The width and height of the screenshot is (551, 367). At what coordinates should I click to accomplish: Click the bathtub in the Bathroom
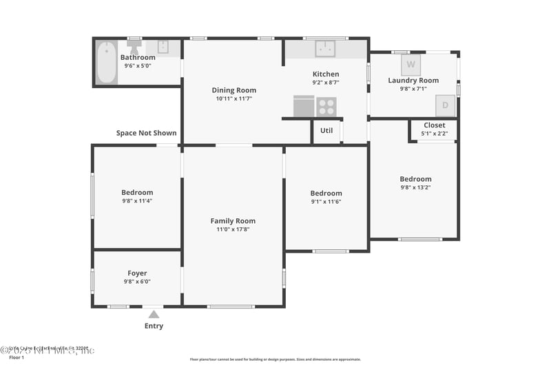coord(106,62)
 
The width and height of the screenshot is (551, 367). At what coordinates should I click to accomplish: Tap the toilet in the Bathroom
coord(134,48)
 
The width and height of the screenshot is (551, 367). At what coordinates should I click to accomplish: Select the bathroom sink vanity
coord(163,48)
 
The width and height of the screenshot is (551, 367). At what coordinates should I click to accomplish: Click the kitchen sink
coord(325,48)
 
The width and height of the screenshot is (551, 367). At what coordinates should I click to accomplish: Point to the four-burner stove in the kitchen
coord(326,107)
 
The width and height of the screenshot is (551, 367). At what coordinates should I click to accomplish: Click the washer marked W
coord(411,65)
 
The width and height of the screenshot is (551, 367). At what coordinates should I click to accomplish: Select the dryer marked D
coord(445,105)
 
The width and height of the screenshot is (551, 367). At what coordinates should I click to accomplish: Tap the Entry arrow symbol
coord(154,314)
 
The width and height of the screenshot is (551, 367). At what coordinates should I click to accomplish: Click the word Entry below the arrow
coord(154,326)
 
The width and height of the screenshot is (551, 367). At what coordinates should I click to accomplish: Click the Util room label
coord(326,130)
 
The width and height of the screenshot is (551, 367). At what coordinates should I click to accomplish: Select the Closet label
coord(435,125)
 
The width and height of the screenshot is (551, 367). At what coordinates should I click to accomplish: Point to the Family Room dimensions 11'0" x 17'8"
coord(233,229)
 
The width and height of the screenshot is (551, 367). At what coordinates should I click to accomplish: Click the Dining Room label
coord(233,90)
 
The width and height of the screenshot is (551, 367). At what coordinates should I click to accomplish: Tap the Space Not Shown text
coord(146,133)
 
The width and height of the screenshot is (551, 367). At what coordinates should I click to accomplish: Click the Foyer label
coord(137,273)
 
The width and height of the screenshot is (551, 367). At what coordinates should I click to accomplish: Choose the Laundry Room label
coord(413,81)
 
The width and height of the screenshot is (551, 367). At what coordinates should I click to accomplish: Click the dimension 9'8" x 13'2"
coord(415,187)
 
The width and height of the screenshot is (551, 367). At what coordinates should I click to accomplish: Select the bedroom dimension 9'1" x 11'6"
coord(326,202)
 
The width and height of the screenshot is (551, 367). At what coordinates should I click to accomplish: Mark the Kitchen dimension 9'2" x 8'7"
coord(326,83)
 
